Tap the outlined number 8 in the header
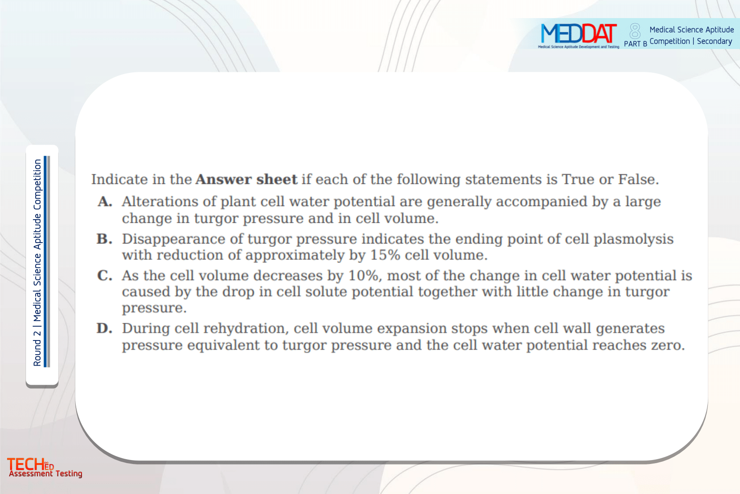point(635,31)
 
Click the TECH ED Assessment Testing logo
point(44,467)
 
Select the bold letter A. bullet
point(105,202)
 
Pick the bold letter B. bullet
point(104,239)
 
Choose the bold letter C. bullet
point(105,276)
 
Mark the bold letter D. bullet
point(104,328)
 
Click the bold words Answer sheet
point(246,180)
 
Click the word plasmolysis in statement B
point(633,239)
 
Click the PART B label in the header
point(635,44)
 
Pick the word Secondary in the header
point(714,41)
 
